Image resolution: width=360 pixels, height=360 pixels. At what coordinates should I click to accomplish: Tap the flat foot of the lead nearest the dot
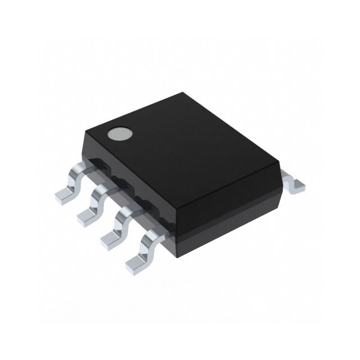tap(63, 195)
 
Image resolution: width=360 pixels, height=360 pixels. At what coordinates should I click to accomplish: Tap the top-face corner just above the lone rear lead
tap(277, 162)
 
